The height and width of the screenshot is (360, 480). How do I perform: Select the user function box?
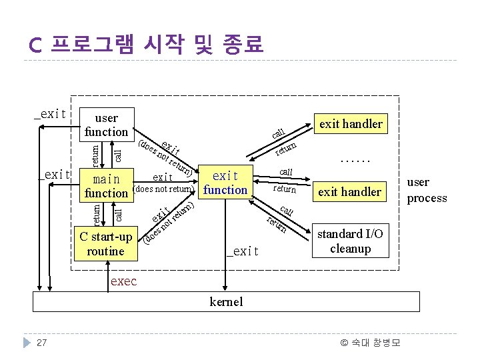point(107,125)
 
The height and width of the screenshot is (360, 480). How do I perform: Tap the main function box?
point(106,186)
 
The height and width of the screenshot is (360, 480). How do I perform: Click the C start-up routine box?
point(106,244)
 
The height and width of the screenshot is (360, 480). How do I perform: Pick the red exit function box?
point(225,183)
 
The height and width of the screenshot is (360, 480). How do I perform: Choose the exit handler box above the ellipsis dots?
point(351,123)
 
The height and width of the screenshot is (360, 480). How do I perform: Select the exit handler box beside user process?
point(350,192)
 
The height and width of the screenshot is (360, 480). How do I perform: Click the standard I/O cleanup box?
point(350,241)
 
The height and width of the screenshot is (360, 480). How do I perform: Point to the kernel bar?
point(227,302)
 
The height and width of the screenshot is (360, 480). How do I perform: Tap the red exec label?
point(123,281)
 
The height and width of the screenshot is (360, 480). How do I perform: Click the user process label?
point(427,190)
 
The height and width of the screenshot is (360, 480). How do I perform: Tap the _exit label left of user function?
point(50,114)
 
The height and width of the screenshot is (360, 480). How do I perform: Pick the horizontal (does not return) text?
point(164,189)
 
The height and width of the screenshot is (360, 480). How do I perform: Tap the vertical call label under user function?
point(118,155)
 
